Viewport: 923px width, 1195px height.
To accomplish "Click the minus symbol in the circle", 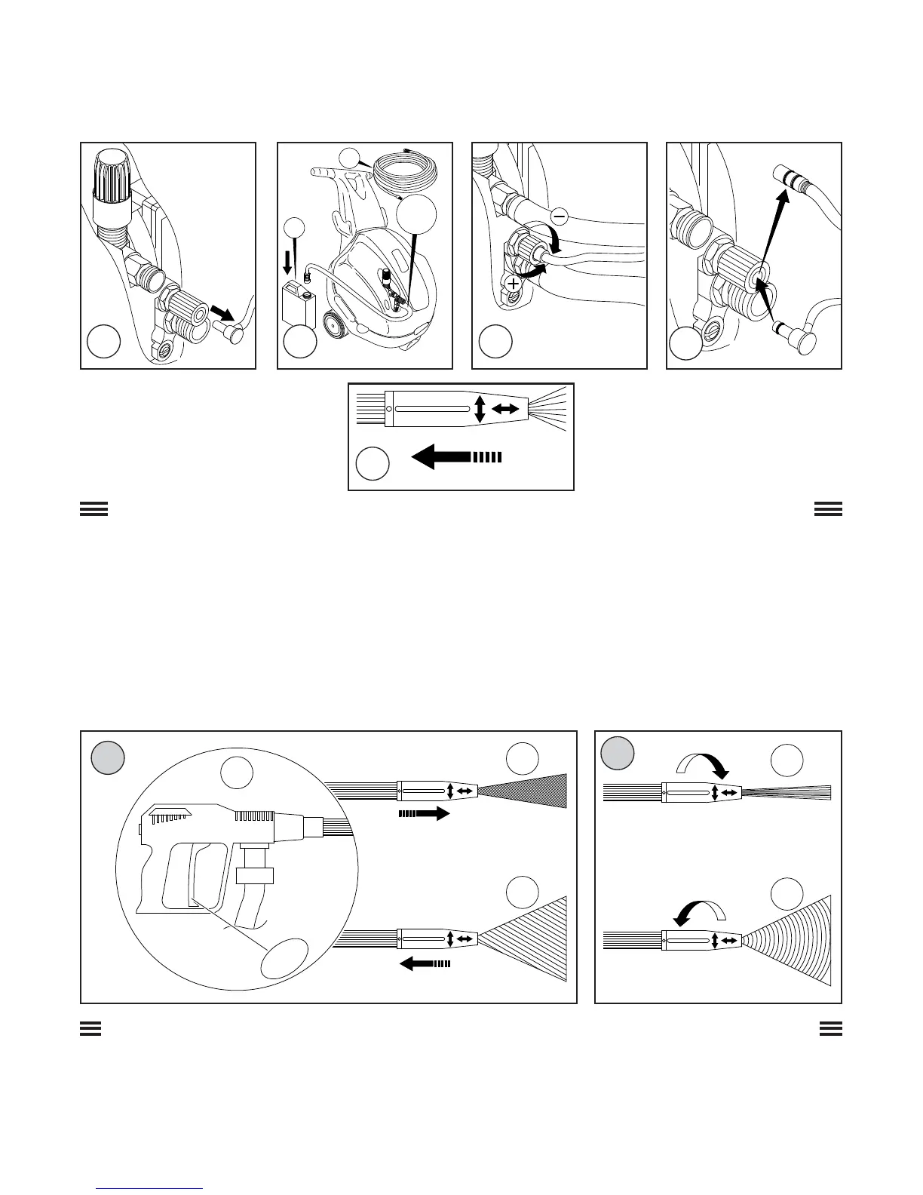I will click(560, 216).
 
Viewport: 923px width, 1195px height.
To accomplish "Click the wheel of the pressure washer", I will click(334, 327).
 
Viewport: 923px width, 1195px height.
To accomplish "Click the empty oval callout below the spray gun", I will click(284, 960).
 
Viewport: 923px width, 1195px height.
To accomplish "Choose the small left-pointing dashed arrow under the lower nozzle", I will click(425, 963).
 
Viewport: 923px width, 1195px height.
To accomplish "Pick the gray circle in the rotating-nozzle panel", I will click(618, 751).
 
